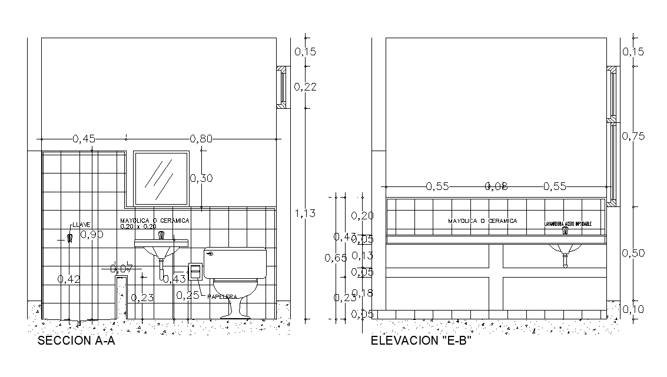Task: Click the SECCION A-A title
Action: [76, 341]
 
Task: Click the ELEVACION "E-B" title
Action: [421, 341]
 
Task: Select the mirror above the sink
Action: [161, 178]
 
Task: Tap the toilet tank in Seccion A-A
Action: [235, 262]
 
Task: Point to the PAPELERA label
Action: [222, 297]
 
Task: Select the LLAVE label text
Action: [81, 225]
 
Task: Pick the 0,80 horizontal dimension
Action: [201, 139]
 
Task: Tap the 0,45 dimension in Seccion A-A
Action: [84, 139]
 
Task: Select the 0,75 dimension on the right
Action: [633, 136]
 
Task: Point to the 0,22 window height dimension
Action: [305, 87]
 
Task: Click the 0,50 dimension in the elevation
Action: [633, 253]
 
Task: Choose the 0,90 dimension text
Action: [92, 235]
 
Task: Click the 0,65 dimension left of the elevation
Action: [336, 258]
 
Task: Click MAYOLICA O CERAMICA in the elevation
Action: [482, 221]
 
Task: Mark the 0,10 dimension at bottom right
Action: [633, 309]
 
